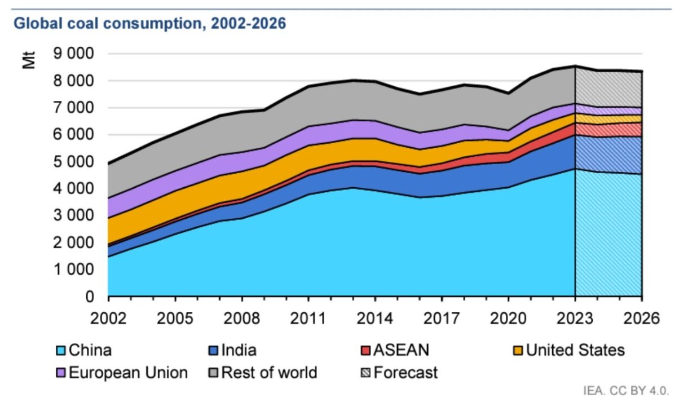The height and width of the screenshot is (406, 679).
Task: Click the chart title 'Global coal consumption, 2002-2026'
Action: [x=149, y=24]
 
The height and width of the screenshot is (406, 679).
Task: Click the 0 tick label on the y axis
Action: [x=91, y=297]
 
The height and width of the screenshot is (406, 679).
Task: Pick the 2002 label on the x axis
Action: [x=108, y=318]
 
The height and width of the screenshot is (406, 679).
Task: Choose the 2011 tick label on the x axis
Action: [x=308, y=318]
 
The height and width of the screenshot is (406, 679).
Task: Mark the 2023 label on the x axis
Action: [x=575, y=318]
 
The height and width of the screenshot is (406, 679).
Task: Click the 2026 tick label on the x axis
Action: [x=641, y=318]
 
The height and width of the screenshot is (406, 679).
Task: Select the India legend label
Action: [x=238, y=350]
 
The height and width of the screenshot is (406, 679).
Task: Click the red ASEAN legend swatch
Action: [x=365, y=351]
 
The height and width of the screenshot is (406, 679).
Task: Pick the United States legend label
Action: [x=575, y=350]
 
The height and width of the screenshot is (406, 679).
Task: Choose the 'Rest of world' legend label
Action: [x=269, y=373]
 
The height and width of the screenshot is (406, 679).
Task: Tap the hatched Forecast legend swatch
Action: [x=365, y=373]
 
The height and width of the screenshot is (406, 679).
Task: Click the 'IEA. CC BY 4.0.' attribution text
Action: [x=626, y=391]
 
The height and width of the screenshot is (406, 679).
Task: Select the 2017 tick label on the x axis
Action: [x=442, y=318]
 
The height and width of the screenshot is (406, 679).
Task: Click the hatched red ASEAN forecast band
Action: [x=609, y=129]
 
